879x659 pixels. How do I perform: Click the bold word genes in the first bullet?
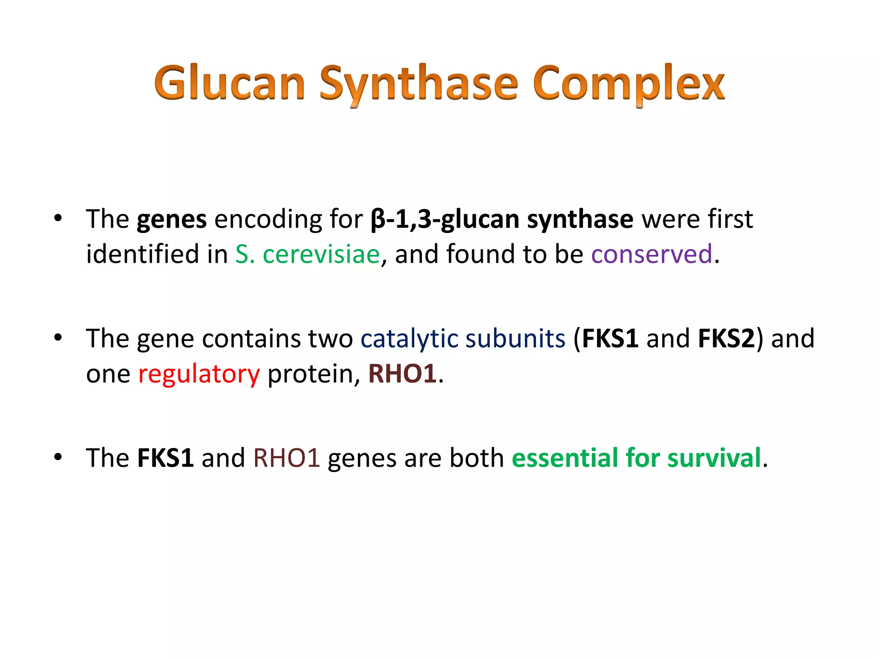pyautogui.click(x=172, y=220)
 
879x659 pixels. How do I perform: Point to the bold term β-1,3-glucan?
pyautogui.click(x=444, y=220)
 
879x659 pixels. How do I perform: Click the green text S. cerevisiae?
pyautogui.click(x=307, y=254)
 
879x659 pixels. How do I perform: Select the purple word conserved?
pyautogui.click(x=652, y=254)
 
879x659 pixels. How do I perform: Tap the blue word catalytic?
pyautogui.click(x=409, y=339)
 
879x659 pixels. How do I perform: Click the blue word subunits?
pyautogui.click(x=515, y=339)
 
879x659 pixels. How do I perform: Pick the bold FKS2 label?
pyautogui.click(x=726, y=339)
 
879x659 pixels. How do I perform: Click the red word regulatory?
pyautogui.click(x=199, y=374)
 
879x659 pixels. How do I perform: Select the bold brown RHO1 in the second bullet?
pyautogui.click(x=402, y=373)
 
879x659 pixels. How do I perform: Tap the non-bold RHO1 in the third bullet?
pyautogui.click(x=286, y=458)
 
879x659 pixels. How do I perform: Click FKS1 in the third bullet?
pyautogui.click(x=165, y=458)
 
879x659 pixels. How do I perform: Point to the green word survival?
pyautogui.click(x=714, y=458)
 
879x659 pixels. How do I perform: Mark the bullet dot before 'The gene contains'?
pyautogui.click(x=58, y=338)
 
